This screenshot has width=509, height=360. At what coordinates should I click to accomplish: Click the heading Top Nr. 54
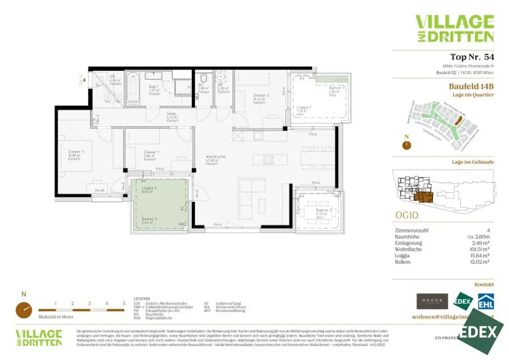pyautogui.click(x=472, y=57)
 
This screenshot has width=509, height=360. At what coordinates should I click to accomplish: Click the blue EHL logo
pyautogui.click(x=486, y=302)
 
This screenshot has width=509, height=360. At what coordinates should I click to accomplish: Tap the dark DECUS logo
pyautogui.click(x=432, y=301)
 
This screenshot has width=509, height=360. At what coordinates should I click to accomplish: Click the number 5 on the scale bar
pyautogui.click(x=124, y=303)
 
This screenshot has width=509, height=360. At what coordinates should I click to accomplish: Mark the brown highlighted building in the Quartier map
pyautogui.click(x=459, y=120)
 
